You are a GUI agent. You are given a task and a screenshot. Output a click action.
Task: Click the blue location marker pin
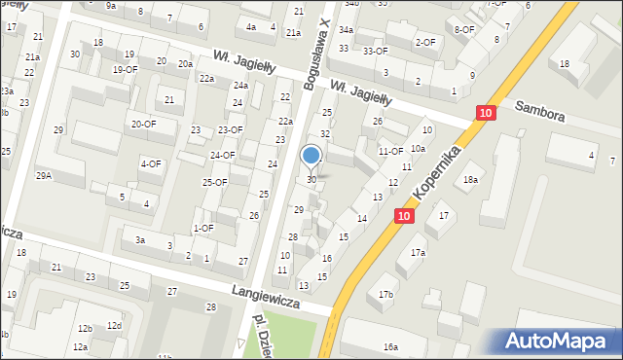pyautogui.click(x=311, y=156)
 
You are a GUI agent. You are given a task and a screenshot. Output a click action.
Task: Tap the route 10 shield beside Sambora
pyautogui.click(x=485, y=114)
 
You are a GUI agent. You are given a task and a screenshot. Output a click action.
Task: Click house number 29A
pyautogui.click(x=44, y=175)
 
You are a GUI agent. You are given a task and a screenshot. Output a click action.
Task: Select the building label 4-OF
pyautogui.click(x=150, y=163)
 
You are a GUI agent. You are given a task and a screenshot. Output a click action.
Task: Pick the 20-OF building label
pyautogui.click(x=143, y=124)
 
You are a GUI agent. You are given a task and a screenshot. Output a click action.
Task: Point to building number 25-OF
pyautogui.click(x=214, y=182)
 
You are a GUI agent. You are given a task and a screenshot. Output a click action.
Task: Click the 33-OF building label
pyautogui.click(x=375, y=50)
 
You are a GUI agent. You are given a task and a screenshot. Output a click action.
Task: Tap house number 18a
pyautogui.click(x=471, y=180)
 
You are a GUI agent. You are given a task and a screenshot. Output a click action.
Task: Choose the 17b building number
pyautogui.click(x=386, y=294)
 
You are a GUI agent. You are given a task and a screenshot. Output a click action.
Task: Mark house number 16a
pyautogui.click(x=390, y=346)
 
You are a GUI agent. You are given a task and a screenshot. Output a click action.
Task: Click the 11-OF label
pyautogui.click(x=390, y=151)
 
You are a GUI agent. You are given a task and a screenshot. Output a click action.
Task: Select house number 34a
pyautogui.click(x=346, y=30)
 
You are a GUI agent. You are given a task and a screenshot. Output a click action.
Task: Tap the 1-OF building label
pyautogui.click(x=203, y=228)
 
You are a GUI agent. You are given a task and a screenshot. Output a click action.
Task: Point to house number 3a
pyautogui.click(x=140, y=239)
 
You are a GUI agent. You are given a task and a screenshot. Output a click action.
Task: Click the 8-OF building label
pyautogui.click(x=464, y=29)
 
